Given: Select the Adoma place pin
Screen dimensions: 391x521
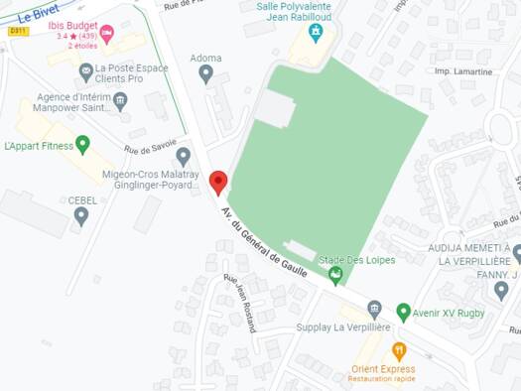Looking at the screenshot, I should point(206,72).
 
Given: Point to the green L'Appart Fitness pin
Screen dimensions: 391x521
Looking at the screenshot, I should point(83,145).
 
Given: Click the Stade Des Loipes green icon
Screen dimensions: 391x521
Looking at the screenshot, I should point(336,274).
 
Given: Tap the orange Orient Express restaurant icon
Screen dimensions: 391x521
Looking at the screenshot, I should point(399,351).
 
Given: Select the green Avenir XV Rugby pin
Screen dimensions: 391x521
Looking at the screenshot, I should point(403,313).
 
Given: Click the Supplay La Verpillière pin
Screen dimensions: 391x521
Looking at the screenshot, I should point(374,309).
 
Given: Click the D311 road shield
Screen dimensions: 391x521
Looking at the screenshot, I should point(18,31).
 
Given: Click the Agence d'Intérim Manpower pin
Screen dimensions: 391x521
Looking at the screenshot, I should point(120,100).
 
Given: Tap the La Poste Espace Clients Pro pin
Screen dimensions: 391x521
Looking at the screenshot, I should point(86,71).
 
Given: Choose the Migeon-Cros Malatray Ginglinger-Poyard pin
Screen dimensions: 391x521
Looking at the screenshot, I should point(183,156).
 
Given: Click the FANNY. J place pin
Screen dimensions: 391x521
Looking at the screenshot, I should point(501,291).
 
